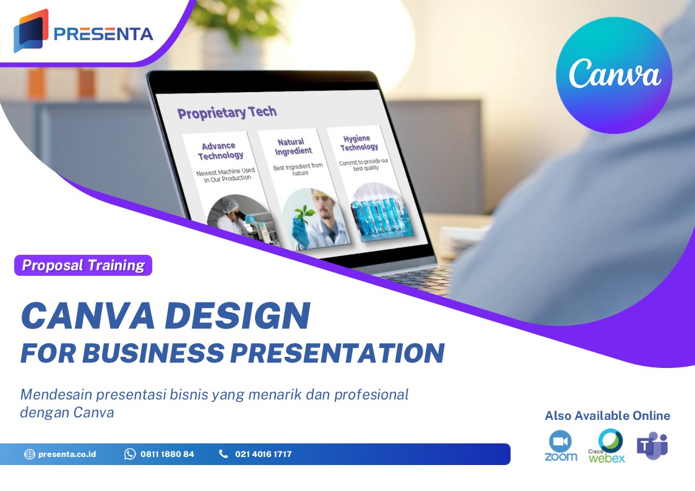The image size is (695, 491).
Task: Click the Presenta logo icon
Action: [30, 30]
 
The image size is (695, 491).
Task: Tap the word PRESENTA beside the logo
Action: [103, 33]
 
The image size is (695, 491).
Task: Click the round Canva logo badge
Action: [614, 75]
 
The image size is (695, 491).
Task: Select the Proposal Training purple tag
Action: [83, 266]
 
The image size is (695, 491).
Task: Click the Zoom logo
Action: [561, 446]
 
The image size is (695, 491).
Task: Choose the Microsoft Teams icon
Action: [652, 445]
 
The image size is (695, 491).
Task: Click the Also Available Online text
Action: [607, 416]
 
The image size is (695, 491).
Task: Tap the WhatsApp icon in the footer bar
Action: [130, 454]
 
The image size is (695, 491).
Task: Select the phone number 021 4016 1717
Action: [263, 454]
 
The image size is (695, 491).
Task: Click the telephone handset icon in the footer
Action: [223, 454]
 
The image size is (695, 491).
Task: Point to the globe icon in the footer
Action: [30, 455]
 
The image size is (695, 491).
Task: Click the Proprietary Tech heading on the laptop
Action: [227, 113]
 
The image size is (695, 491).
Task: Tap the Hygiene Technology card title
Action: [359, 143]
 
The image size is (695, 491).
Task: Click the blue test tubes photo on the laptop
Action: [374, 218]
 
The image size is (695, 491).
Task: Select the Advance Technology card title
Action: [220, 151]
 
